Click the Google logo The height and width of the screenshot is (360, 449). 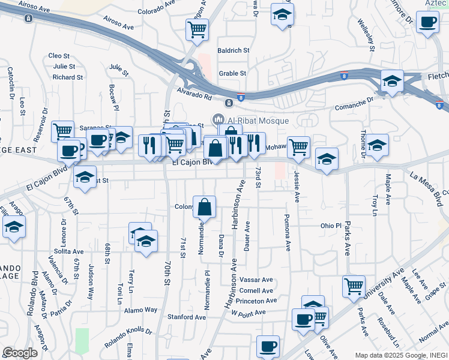coord(20,353)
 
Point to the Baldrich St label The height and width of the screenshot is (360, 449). coord(234,51)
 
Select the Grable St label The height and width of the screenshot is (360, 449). coord(233,74)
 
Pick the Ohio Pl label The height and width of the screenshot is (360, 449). coord(331,226)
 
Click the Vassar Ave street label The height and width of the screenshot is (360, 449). coord(256,280)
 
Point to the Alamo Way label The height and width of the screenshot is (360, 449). coord(141,310)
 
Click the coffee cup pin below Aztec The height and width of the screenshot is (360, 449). coord(427,23)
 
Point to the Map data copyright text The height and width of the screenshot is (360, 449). coord(400,355)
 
